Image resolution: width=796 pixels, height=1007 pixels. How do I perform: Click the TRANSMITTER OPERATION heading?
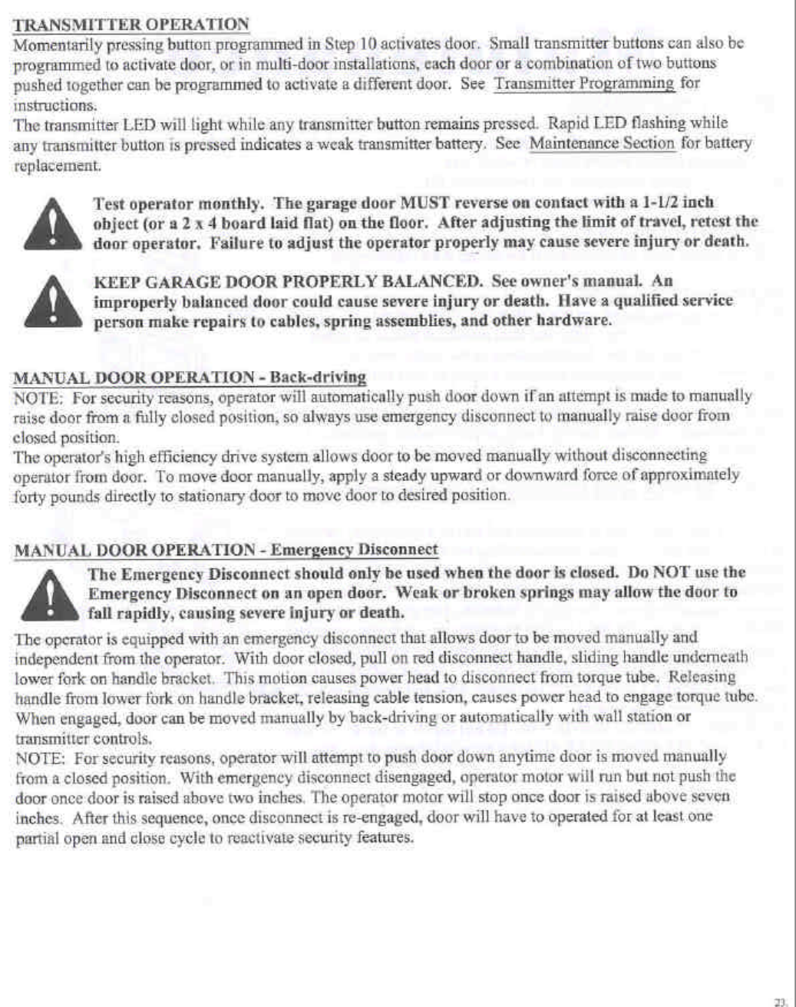pos(131,23)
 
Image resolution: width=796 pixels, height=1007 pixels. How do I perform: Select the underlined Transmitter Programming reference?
pos(584,83)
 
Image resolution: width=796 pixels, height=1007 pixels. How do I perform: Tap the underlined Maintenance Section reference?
pos(603,143)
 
